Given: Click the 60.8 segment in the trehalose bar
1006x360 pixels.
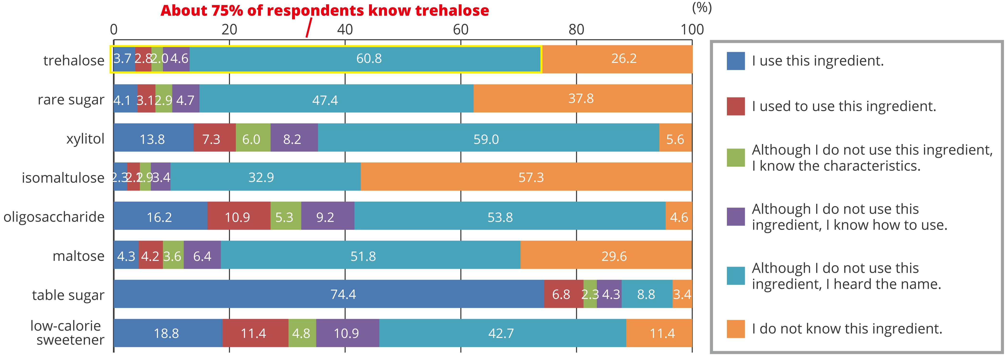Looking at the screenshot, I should coord(369,59).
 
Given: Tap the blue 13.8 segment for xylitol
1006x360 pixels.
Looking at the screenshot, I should coord(153,139).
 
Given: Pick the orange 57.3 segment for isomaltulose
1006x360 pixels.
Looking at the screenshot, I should coord(531,177).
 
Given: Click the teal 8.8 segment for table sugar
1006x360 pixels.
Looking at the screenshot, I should coord(646,294).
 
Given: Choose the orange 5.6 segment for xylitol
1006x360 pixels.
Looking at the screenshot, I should coord(675,139).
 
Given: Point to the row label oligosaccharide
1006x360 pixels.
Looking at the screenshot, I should coord(54,217).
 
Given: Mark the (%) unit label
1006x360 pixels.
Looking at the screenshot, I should coord(701,8).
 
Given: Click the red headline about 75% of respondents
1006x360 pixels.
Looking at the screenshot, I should coord(324,11).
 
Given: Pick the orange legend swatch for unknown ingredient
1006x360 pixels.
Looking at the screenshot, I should coord(736,329).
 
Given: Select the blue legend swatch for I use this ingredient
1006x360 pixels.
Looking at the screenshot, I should coord(736,61).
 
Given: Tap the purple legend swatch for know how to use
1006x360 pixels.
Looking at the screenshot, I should coord(736,217).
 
